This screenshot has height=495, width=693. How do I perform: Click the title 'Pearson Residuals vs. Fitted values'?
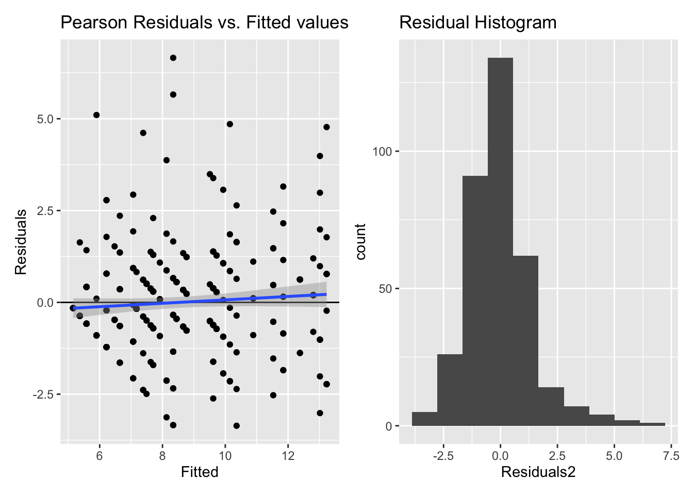pos(204,23)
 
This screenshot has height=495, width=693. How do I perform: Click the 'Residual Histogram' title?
pos(477,23)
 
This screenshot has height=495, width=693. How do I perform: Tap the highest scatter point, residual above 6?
pos(173,58)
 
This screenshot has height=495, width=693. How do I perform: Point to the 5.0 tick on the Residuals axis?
pos(46,119)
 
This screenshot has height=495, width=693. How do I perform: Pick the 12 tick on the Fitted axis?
pos(288,455)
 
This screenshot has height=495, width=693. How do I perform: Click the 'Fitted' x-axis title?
pos(200,472)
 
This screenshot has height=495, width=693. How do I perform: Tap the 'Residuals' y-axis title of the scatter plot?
pos(21,242)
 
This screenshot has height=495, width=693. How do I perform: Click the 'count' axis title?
pos(360,242)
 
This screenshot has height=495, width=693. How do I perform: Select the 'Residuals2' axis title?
pos(538,472)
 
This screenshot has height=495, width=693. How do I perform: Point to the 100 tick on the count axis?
pos(383,152)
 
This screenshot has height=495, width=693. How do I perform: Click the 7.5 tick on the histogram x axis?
pos(671,456)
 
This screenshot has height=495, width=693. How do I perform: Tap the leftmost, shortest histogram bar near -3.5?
pos(424,419)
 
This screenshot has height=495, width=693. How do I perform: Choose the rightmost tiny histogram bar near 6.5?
pos(652,424)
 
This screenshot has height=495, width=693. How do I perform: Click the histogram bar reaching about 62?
pos(525,340)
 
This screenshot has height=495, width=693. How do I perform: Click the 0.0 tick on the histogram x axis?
pos(500,456)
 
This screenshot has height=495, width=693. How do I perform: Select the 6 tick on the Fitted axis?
pos(100,455)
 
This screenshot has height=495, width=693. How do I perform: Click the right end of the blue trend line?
pos(326,294)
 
